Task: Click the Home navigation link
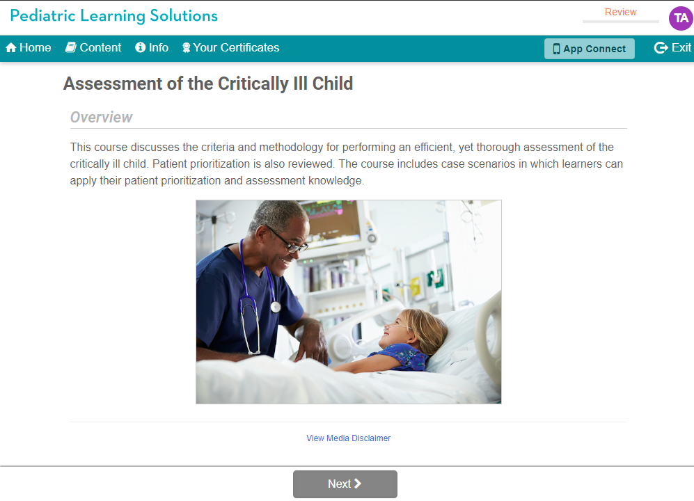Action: point(29,48)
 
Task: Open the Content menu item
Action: point(93,48)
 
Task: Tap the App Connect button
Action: point(589,49)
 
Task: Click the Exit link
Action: point(672,48)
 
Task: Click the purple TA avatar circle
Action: point(681,18)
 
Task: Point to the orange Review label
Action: point(620,12)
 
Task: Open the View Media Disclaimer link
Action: point(348,438)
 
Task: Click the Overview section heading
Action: point(102,118)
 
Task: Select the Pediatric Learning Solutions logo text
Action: point(114,16)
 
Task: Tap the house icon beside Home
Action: point(11,48)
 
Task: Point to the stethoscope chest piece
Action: point(276,306)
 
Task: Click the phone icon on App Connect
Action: point(556,49)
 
